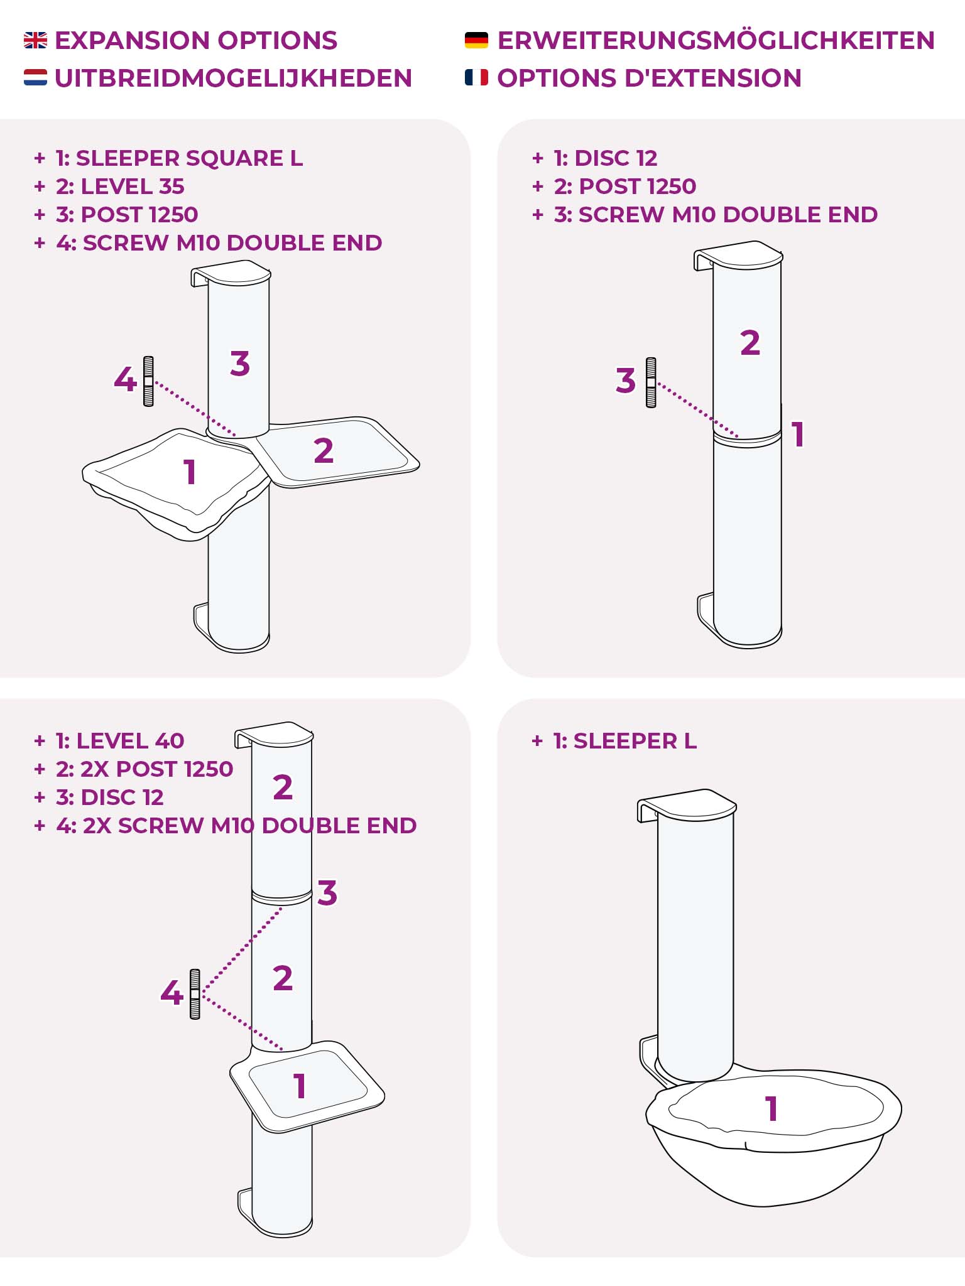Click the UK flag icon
pyautogui.click(x=35, y=41)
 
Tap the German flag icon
pyautogui.click(x=476, y=41)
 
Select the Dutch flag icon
pyautogui.click(x=35, y=78)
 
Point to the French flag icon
pyautogui.click(x=476, y=78)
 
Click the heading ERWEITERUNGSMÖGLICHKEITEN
pyautogui.click(x=716, y=41)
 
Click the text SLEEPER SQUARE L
pyautogui.click(x=189, y=158)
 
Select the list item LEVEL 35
pyautogui.click(x=133, y=186)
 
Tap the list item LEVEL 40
pyautogui.click(x=130, y=741)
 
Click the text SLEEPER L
pyautogui.click(x=635, y=741)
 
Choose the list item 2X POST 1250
pyautogui.click(x=157, y=769)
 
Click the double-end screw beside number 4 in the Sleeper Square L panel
pyautogui.click(x=148, y=381)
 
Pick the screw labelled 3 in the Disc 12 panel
pyautogui.click(x=651, y=382)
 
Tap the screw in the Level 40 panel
pyautogui.click(x=195, y=994)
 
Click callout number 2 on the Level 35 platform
pyautogui.click(x=324, y=450)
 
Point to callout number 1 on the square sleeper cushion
pyautogui.click(x=190, y=472)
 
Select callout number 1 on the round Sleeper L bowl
pyautogui.click(x=772, y=1109)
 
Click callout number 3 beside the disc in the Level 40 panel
pyautogui.click(x=327, y=893)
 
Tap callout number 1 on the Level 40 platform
pyautogui.click(x=300, y=1086)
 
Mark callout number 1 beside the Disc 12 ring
pyautogui.click(x=798, y=435)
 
